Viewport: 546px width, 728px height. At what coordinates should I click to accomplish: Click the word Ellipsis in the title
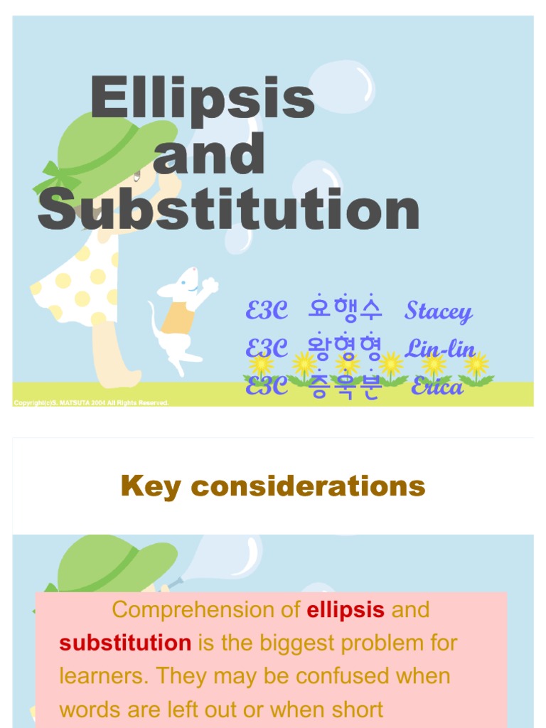click(x=203, y=99)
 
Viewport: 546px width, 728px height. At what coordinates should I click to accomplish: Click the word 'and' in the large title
click(x=209, y=154)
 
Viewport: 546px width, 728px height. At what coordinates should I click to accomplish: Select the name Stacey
click(x=438, y=311)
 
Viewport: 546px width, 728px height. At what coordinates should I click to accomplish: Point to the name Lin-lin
click(x=440, y=348)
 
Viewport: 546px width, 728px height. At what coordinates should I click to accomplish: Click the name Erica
click(x=437, y=387)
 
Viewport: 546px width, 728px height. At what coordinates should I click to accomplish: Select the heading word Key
click(x=150, y=487)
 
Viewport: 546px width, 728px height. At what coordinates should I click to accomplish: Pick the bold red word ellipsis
click(x=346, y=610)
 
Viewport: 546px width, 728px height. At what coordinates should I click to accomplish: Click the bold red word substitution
click(x=125, y=643)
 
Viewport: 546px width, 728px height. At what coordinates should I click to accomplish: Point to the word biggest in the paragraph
click(x=297, y=643)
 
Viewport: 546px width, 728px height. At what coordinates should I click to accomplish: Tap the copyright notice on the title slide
click(x=92, y=403)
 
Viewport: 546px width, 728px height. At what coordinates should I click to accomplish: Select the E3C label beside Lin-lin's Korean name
click(x=267, y=348)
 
